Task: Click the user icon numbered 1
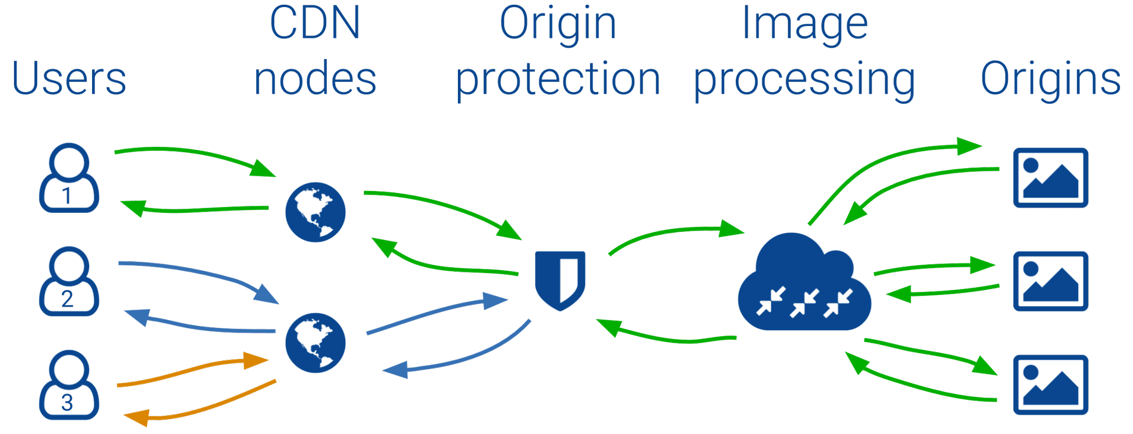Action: (x=69, y=177)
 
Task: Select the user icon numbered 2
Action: (x=69, y=281)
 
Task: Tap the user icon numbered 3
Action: (x=69, y=385)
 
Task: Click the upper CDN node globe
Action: (x=315, y=212)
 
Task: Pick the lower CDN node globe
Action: (x=315, y=343)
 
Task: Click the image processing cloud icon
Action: (x=804, y=282)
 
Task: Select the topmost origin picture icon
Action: (x=1050, y=177)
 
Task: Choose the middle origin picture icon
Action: (x=1050, y=281)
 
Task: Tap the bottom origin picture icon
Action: (x=1050, y=385)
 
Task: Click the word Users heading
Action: (x=69, y=78)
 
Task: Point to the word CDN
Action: (x=315, y=23)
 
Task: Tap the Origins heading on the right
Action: (x=1050, y=79)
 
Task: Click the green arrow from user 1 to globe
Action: (x=195, y=153)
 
